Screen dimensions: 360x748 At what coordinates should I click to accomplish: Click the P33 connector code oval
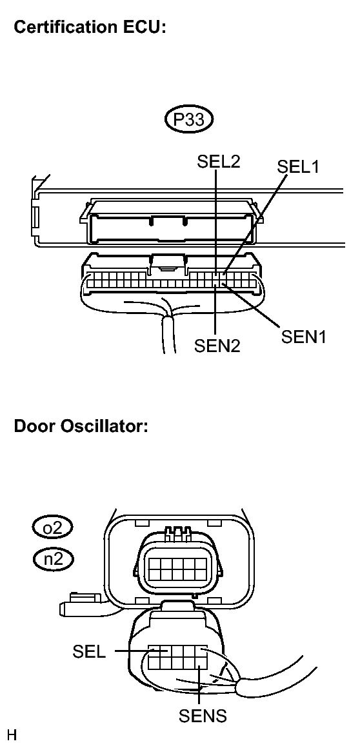(189, 119)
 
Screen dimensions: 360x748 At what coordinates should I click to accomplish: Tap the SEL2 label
(219, 161)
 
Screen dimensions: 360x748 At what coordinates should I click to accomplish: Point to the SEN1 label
(304, 337)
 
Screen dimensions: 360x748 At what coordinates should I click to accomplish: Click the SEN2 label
(217, 346)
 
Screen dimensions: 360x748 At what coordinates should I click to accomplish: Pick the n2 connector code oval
(53, 558)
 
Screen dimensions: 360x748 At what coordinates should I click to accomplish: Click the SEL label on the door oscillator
(89, 651)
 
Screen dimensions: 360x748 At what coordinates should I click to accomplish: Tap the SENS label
(203, 716)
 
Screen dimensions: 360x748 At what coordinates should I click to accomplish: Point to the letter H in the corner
(12, 735)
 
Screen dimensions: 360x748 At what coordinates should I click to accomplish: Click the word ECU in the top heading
(148, 27)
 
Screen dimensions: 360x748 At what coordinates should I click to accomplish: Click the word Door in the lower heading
(35, 426)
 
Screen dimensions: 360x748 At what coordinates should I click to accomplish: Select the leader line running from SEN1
(250, 306)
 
